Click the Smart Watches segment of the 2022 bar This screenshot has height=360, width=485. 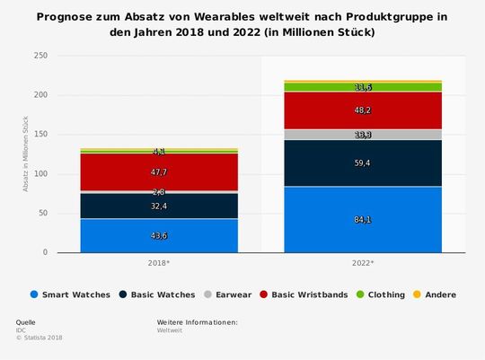tap(364, 219)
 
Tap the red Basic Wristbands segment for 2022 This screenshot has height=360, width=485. tap(364, 110)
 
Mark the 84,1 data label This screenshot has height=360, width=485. tap(364, 219)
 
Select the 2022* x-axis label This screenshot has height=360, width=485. tap(364, 264)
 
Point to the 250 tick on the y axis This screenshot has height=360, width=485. tap(40, 56)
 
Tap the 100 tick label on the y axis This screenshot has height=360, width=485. tap(40, 174)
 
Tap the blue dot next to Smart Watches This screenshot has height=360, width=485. tap(34, 294)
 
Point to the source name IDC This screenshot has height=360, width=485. tap(22, 329)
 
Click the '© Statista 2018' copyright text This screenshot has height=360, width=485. tap(39, 338)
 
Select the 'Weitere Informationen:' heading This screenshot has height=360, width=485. tap(197, 321)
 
